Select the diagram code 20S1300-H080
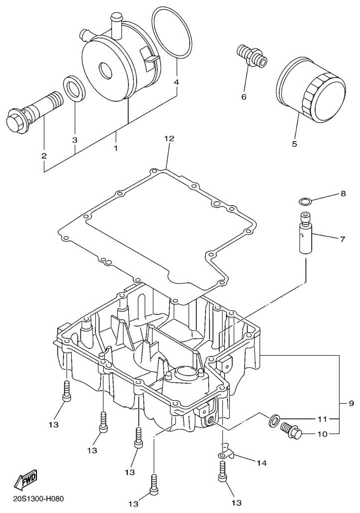[36, 498]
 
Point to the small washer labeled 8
[305, 201]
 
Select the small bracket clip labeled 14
[228, 452]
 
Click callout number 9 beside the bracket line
[344, 402]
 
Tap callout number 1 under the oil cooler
[116, 148]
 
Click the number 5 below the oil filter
[294, 144]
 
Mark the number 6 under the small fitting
[244, 96]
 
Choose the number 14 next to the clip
[262, 463]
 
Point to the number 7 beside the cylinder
[342, 239]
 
